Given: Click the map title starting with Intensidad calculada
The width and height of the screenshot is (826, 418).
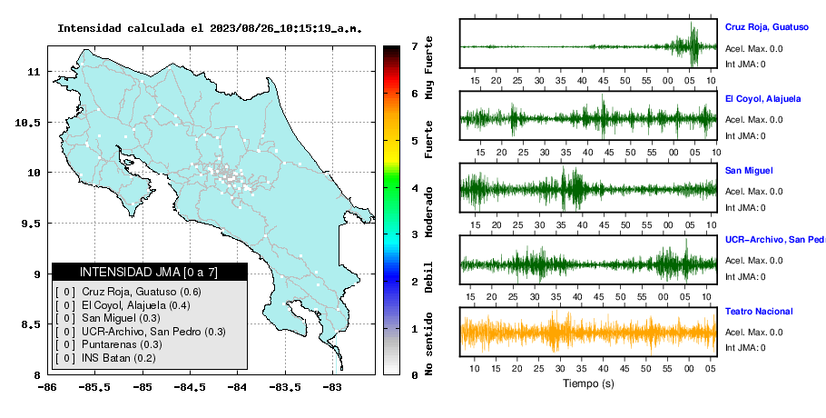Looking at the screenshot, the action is pyautogui.click(x=210, y=28).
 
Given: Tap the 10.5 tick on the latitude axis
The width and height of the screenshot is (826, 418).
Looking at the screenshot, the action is pyautogui.click(x=28, y=123).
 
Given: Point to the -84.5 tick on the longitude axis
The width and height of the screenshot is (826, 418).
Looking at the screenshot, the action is pyautogui.click(x=190, y=387).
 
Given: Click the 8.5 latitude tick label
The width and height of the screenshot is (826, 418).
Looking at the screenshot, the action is pyautogui.click(x=31, y=324).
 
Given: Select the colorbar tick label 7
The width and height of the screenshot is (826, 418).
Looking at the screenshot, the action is pyautogui.click(x=415, y=46).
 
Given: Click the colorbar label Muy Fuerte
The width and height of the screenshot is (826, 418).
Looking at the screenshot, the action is pyautogui.click(x=429, y=67).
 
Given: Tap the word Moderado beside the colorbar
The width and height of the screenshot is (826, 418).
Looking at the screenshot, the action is pyautogui.click(x=429, y=212).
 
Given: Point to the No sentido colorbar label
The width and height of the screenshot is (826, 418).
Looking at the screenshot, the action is pyautogui.click(x=429, y=343).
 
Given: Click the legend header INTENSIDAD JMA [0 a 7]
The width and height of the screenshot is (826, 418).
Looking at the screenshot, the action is pyautogui.click(x=149, y=272).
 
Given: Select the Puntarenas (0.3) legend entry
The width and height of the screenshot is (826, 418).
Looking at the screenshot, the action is pyautogui.click(x=122, y=344).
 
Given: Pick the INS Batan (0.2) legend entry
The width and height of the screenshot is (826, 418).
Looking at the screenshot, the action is pyautogui.click(x=119, y=358).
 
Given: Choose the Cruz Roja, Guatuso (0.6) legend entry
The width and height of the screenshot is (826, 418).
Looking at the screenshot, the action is pyautogui.click(x=142, y=292).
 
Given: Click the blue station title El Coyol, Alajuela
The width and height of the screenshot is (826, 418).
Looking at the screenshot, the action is pyautogui.click(x=762, y=98).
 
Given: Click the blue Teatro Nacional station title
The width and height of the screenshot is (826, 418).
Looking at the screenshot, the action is pyautogui.click(x=759, y=311).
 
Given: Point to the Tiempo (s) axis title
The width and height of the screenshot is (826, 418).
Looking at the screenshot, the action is pyautogui.click(x=588, y=383).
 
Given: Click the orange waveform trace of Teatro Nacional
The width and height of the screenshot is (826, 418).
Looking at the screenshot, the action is pyautogui.click(x=588, y=333).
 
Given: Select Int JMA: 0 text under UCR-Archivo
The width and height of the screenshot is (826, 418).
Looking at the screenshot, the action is pyautogui.click(x=745, y=277).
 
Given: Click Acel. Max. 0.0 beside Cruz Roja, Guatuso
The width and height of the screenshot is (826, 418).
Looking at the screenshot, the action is pyautogui.click(x=753, y=49).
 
